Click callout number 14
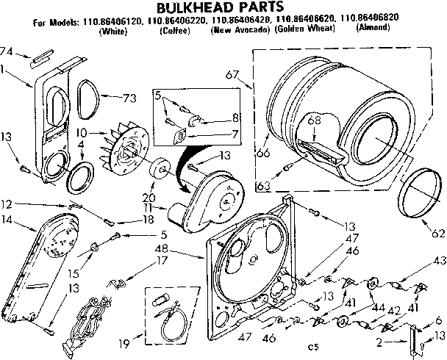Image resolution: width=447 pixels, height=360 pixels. tap(8, 218)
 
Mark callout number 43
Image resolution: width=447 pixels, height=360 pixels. tap(439, 259)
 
